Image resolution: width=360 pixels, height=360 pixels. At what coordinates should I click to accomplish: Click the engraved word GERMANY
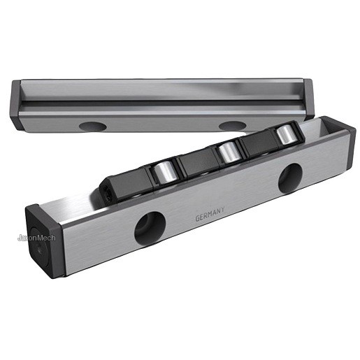point(210,215)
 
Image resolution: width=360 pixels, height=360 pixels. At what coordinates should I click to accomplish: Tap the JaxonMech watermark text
point(36,238)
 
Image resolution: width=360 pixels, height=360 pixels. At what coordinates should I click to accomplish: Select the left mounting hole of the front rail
point(150,229)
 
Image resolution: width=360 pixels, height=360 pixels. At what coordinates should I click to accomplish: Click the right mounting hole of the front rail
point(290,178)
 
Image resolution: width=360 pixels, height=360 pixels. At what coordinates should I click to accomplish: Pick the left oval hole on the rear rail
point(93,127)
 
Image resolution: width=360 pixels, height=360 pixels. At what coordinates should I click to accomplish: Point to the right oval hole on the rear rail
point(233,126)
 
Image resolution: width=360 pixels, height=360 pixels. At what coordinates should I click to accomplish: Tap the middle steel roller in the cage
point(228,152)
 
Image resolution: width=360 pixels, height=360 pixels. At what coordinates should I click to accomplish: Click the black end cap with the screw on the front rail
point(44,241)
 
